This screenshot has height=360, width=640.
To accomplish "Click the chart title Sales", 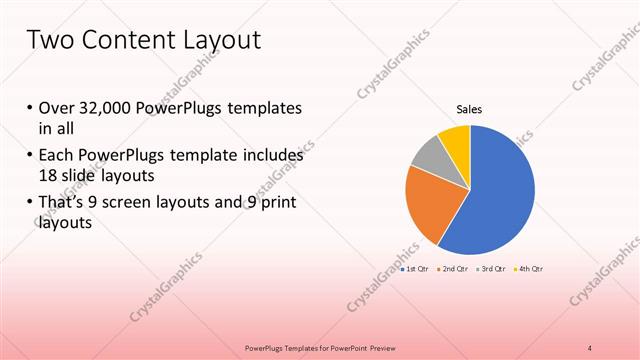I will point(470,110).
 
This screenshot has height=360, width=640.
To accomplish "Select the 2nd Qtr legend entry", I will point(452,270).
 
